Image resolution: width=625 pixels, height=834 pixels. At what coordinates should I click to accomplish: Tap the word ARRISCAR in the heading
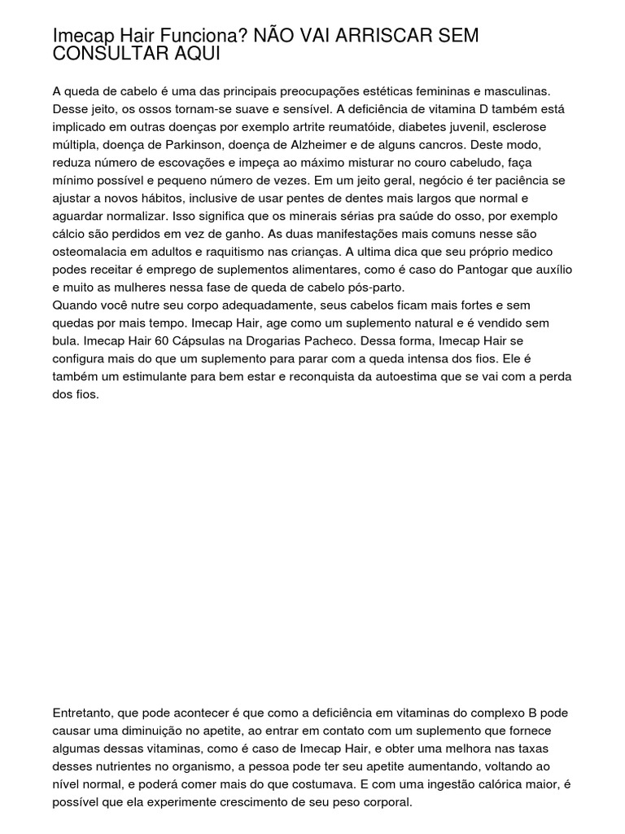(x=382, y=36)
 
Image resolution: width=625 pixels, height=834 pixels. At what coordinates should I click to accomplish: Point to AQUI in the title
(x=191, y=54)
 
